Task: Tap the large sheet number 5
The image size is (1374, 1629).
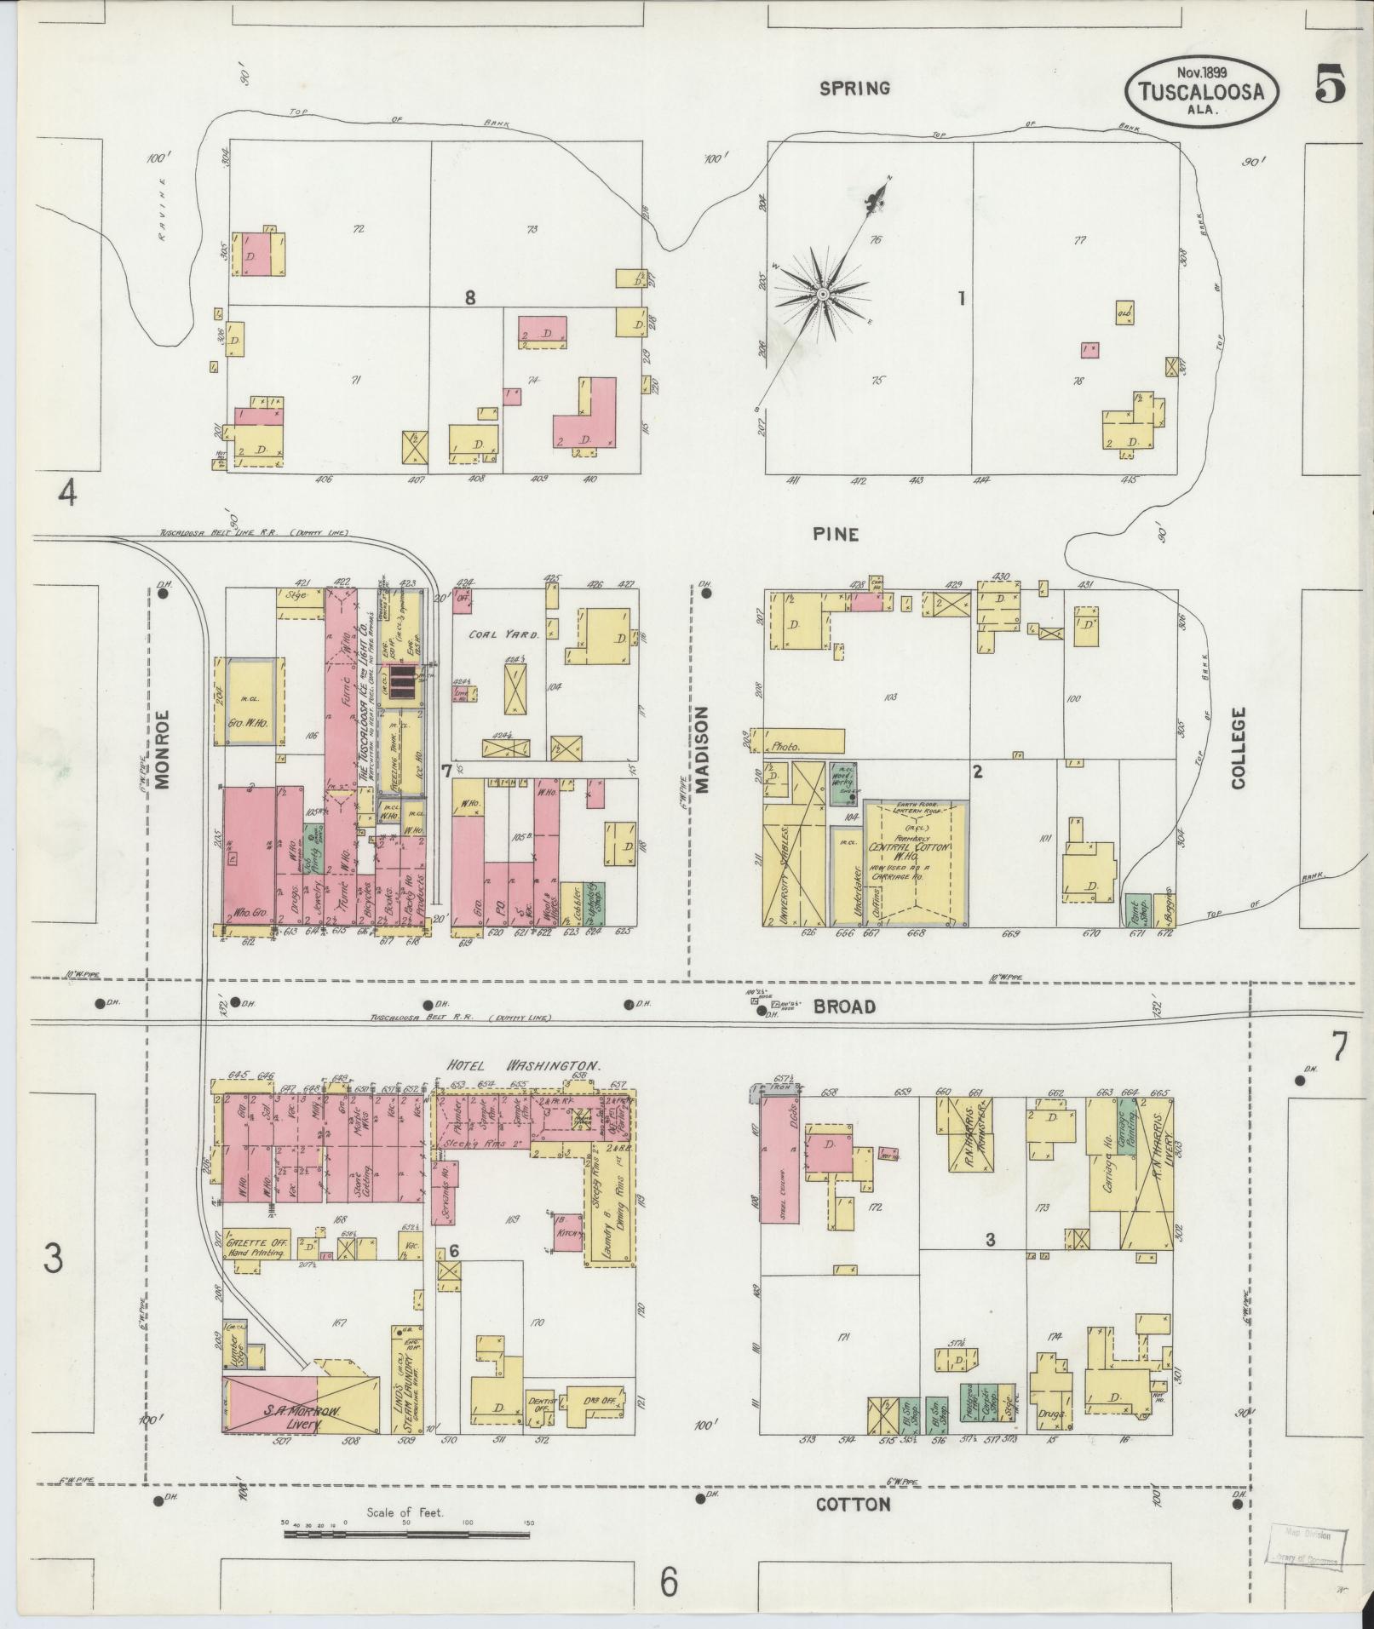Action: click(x=1330, y=85)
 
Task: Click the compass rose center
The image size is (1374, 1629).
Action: click(x=823, y=294)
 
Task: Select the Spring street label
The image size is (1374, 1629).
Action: click(x=854, y=88)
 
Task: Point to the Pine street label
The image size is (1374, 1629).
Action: click(x=835, y=535)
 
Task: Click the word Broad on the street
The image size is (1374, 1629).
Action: click(x=843, y=1007)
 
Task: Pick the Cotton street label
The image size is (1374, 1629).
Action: click(x=854, y=1505)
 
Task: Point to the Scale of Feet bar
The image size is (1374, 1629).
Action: click(x=406, y=1535)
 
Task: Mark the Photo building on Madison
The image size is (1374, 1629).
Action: click(x=805, y=743)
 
